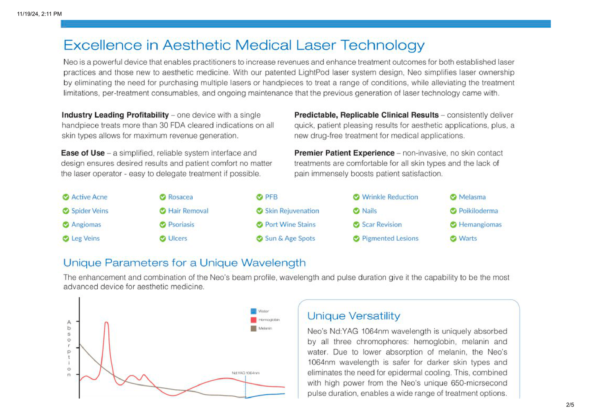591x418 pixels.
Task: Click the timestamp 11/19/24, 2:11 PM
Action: click(39, 14)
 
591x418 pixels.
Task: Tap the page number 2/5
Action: click(570, 405)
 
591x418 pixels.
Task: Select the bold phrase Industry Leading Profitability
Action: click(115, 115)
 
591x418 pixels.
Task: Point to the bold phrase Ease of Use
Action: click(83, 153)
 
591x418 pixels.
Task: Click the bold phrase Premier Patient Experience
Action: click(344, 153)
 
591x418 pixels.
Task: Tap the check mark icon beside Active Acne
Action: click(66, 197)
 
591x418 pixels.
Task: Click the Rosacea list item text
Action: click(180, 197)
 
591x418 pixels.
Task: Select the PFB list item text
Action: click(271, 197)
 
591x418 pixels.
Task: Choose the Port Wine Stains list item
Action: click(290, 225)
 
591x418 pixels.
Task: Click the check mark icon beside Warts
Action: click(453, 239)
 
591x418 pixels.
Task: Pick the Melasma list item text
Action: click(472, 197)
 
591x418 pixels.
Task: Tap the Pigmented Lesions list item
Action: click(390, 239)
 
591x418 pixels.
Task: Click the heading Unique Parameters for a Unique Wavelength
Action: click(184, 263)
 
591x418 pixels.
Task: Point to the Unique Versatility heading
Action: click(354, 316)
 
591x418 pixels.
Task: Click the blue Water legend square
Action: click(253, 311)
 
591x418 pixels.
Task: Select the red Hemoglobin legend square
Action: click(253, 320)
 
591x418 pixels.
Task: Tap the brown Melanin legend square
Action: click(253, 328)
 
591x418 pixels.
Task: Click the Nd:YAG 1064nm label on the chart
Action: click(245, 373)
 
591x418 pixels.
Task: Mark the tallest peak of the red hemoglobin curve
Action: click(107, 323)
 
